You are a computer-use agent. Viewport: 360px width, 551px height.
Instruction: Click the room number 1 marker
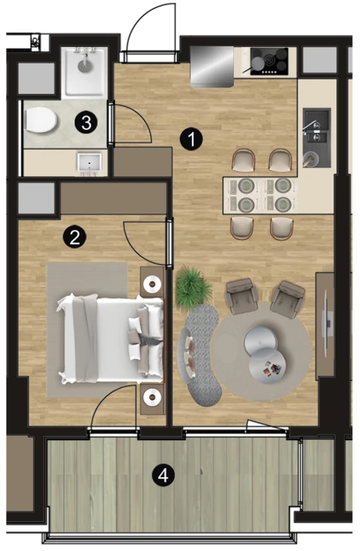[192, 139]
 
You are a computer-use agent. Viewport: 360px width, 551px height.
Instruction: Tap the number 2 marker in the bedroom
[75, 237]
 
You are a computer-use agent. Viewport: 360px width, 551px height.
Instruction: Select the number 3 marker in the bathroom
[86, 122]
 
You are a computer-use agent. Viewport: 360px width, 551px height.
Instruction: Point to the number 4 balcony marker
[163, 476]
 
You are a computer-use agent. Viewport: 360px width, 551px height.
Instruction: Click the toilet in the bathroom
[41, 119]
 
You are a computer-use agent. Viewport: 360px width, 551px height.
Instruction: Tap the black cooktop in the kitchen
[269, 61]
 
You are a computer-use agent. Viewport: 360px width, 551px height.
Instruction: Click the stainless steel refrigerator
[211, 66]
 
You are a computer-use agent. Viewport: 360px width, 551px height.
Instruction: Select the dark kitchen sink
[317, 137]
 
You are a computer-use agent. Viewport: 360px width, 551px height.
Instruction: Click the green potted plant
[193, 287]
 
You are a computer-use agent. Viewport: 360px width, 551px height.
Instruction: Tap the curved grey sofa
[201, 355]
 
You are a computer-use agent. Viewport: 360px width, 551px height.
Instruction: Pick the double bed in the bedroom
[111, 340]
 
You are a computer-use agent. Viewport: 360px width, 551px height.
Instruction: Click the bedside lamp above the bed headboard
[152, 283]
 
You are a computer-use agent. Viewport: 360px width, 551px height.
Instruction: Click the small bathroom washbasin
[90, 164]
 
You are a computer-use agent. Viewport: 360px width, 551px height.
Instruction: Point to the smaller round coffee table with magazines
[267, 368]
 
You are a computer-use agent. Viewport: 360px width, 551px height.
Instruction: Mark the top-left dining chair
[243, 160]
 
